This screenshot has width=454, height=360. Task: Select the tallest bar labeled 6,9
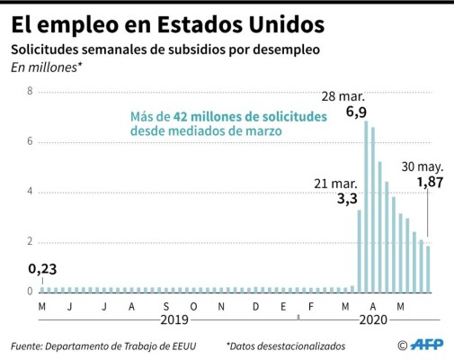point(366,207)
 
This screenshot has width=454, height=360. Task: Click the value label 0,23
point(41,269)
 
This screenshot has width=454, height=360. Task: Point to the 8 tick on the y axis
point(31,92)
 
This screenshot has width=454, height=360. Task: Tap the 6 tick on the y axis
point(31,142)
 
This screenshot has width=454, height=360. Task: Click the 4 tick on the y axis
point(31,192)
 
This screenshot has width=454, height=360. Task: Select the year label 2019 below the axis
point(176,319)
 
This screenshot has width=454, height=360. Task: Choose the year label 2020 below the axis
point(372,319)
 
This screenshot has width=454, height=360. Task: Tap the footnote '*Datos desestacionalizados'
point(286,346)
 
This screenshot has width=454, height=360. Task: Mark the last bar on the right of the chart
point(429,269)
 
